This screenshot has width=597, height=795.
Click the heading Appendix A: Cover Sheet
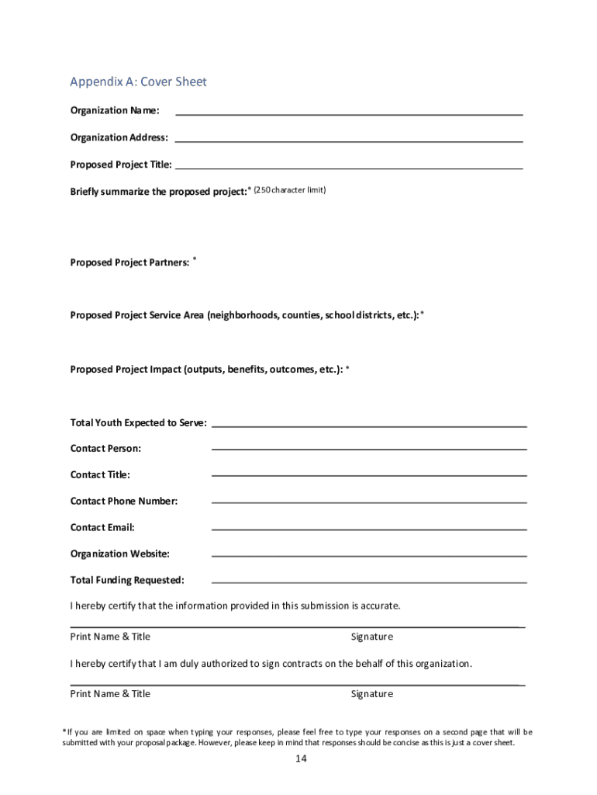pos(138,82)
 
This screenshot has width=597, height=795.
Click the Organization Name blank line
pos(349,114)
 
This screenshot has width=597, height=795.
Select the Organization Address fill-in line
pos(349,141)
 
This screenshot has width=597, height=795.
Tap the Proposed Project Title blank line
pos(349,168)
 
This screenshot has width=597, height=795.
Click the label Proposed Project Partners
pos(129,262)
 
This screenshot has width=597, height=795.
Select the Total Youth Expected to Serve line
pos(369,426)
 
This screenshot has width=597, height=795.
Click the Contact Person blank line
pos(369,449)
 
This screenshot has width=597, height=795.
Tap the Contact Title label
pos(100,474)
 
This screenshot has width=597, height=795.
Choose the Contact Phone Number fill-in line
pos(369,502)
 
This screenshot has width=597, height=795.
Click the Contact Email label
pos(102,527)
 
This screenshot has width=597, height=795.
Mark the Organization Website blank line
pos(369,555)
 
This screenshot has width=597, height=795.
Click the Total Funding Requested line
pos(369,581)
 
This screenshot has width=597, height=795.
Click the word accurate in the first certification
pos(379,606)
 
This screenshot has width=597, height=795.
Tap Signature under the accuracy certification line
pos(371,637)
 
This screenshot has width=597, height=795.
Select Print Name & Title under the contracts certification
pos(110,693)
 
